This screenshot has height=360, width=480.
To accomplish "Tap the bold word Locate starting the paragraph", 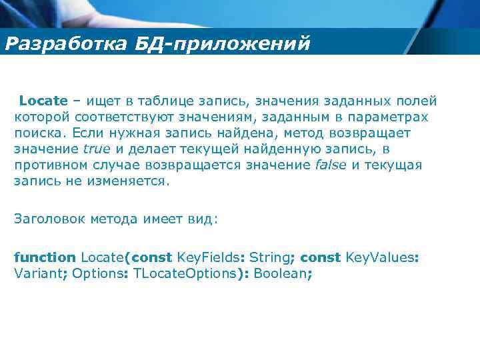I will (43, 101).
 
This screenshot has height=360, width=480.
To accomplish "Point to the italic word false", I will (331, 165).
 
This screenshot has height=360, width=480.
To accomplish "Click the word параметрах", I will (393, 117).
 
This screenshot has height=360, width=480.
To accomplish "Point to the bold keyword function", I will (45, 257).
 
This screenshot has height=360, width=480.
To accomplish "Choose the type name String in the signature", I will (271, 257).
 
